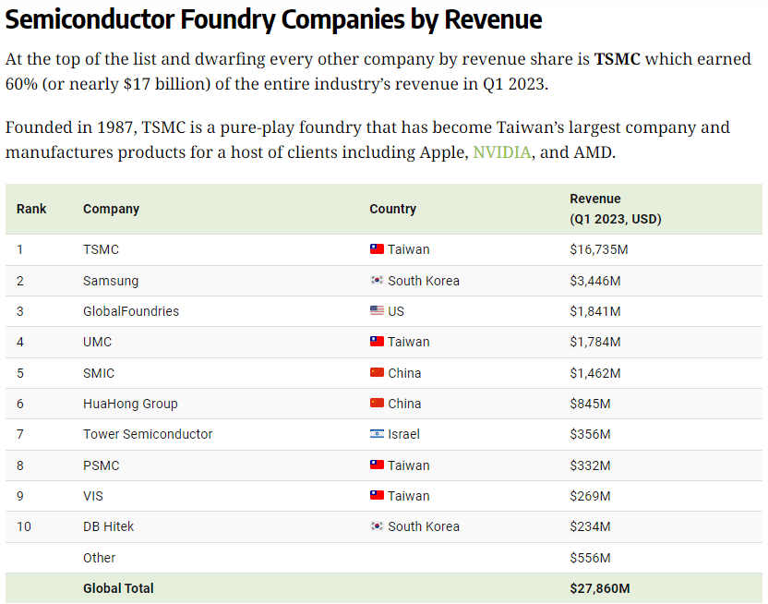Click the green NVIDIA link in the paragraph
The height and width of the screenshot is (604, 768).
502,151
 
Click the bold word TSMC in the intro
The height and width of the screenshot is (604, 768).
617,59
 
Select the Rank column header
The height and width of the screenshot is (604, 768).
31,209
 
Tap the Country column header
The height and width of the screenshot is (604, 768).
392,209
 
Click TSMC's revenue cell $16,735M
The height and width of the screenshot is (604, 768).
599,249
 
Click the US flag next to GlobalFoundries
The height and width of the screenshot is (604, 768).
377,311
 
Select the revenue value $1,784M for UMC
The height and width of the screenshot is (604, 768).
595,342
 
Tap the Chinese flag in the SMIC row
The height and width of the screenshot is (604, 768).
377,373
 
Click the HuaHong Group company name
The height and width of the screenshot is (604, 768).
130,404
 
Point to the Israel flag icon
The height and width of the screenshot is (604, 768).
377,434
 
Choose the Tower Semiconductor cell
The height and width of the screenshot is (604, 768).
148,434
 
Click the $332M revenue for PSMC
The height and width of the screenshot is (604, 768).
591,465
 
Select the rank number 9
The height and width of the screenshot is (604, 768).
20,496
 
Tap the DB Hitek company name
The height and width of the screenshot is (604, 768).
108,526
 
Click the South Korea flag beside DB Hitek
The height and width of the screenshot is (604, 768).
377,526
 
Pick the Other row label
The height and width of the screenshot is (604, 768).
99,558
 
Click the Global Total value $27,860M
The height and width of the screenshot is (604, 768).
600,588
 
